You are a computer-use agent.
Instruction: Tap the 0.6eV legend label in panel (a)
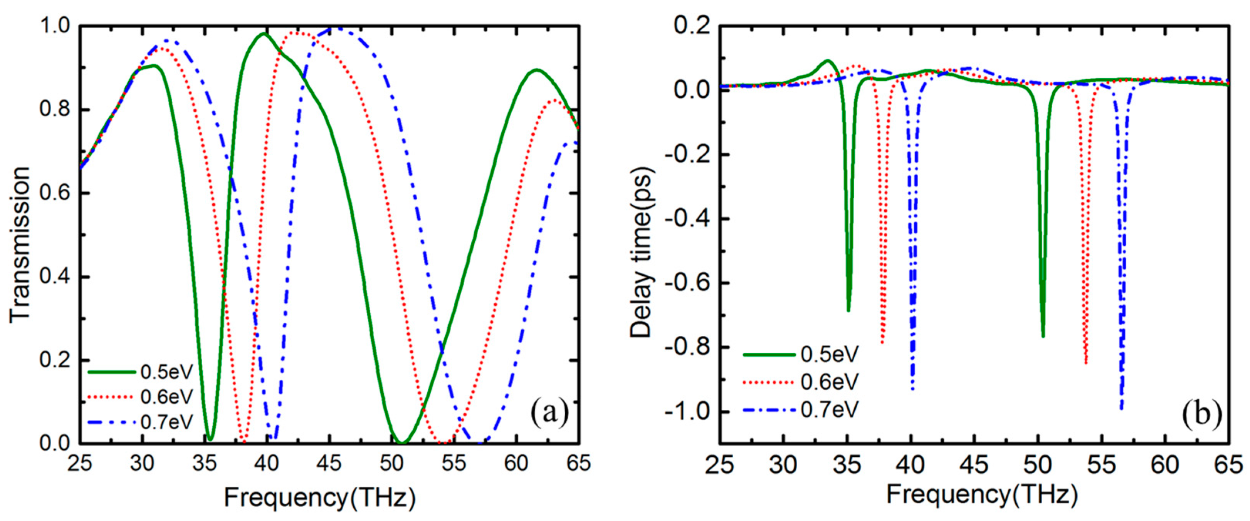coord(166,397)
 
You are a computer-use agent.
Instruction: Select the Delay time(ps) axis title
coord(642,252)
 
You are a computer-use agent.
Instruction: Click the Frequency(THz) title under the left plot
coord(319,498)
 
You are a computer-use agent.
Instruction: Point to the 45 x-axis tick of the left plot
coord(329,464)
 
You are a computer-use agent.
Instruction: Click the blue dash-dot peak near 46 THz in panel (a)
coord(337,28)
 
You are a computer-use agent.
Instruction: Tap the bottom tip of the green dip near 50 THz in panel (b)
coord(1043,336)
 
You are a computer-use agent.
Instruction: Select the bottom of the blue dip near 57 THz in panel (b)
coord(1121,409)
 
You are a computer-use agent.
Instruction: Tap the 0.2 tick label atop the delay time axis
coord(689,26)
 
